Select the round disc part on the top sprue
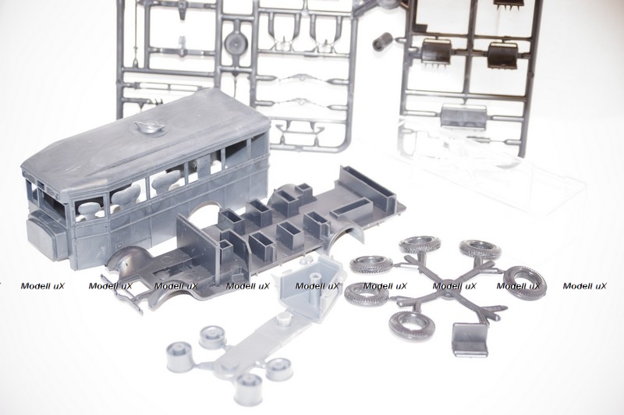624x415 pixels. [236, 41]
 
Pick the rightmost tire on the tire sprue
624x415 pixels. [524, 281]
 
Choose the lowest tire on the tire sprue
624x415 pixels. [412, 325]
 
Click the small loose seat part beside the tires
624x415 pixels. [470, 339]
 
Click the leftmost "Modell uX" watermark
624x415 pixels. [43, 286]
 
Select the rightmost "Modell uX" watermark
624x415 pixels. [585, 286]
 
